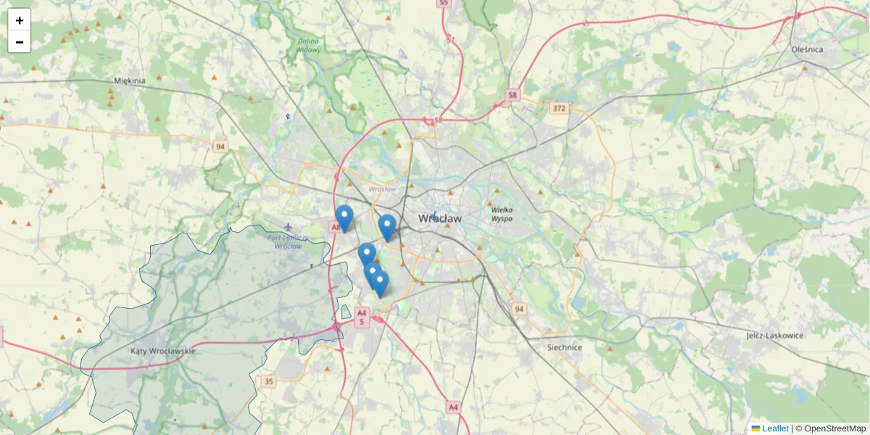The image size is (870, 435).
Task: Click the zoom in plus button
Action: (20, 20)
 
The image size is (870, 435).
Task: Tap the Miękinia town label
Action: (130, 81)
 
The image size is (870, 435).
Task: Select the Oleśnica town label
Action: (807, 49)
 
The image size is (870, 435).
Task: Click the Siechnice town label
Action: (565, 347)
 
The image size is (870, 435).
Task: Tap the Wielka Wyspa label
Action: (502, 214)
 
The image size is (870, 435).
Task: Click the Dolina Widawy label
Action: (308, 46)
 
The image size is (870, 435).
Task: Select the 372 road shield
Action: (558, 109)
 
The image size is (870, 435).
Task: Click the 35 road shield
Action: (269, 381)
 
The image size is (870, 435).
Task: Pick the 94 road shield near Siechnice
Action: (518, 310)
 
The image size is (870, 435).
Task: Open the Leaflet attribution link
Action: (775, 428)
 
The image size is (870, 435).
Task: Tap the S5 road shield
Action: (444, 4)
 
